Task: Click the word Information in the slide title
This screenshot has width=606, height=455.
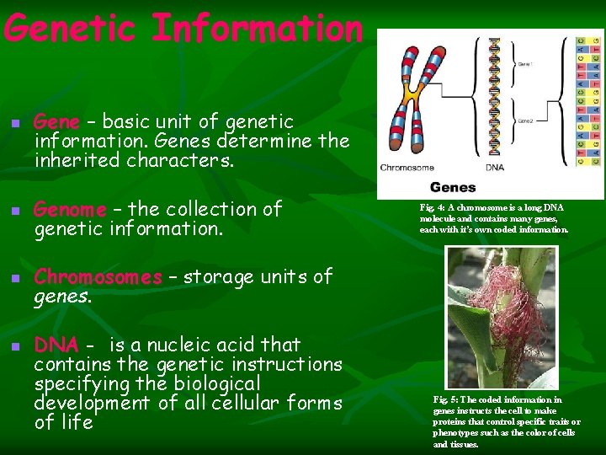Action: pyautogui.click(x=257, y=29)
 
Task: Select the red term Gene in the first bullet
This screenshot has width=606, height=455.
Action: pyautogui.click(x=56, y=122)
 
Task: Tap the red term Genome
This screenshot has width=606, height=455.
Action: pyautogui.click(x=70, y=209)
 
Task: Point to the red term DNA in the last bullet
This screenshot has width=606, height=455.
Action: pyautogui.click(x=56, y=345)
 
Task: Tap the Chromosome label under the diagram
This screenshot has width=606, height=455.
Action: pyautogui.click(x=407, y=166)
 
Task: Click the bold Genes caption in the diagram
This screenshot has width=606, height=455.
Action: pyautogui.click(x=453, y=187)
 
